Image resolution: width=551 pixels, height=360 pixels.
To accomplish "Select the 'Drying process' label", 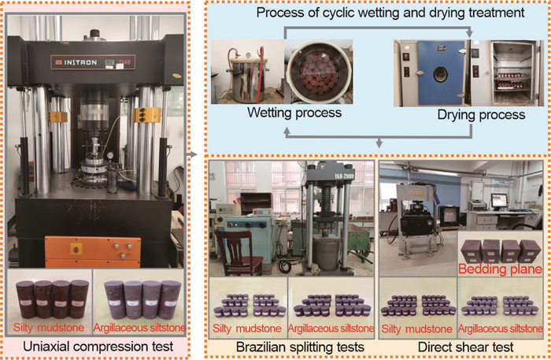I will (x=482, y=115).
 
